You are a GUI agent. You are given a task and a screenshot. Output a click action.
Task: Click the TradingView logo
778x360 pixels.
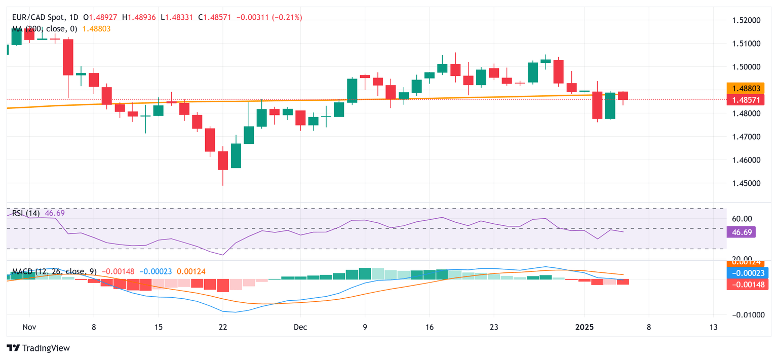[38, 348]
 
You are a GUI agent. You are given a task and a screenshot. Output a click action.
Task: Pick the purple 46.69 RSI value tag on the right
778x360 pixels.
[741, 232]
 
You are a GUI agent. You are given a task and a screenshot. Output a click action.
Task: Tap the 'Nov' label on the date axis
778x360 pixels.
[29, 327]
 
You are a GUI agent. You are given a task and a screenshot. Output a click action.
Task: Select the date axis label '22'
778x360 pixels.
[222, 327]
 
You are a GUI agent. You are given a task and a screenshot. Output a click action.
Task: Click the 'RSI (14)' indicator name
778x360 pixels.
[26, 213]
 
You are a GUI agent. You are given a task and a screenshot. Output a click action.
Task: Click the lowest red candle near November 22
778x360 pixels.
[223, 161]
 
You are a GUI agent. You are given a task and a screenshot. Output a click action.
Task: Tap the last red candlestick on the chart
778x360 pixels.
[623, 96]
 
